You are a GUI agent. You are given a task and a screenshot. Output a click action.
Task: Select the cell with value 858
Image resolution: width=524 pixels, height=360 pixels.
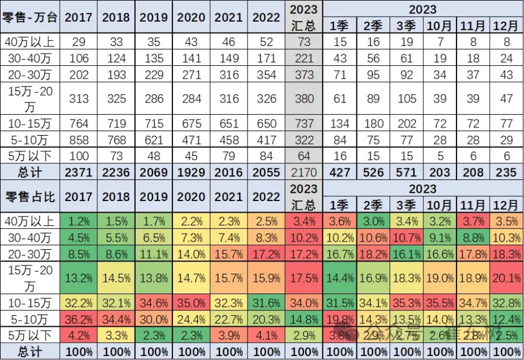(79, 140)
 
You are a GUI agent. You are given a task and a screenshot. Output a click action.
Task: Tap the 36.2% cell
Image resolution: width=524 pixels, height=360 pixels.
(79, 319)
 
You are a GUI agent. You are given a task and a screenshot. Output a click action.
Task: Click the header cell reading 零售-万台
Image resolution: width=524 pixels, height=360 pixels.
(30, 17)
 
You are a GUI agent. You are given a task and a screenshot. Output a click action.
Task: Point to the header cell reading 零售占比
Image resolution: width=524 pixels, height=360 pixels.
(30, 197)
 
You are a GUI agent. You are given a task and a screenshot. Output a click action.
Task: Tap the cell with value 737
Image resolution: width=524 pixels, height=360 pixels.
(304, 123)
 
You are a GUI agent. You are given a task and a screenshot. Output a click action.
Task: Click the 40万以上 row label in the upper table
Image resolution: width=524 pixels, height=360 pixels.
(30, 42)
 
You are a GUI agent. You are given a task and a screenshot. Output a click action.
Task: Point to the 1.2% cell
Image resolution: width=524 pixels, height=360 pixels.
(79, 221)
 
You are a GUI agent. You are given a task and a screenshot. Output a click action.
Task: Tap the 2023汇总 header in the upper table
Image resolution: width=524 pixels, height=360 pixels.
(304, 17)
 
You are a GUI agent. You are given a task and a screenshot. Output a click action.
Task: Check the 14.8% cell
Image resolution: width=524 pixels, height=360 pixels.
(304, 319)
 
